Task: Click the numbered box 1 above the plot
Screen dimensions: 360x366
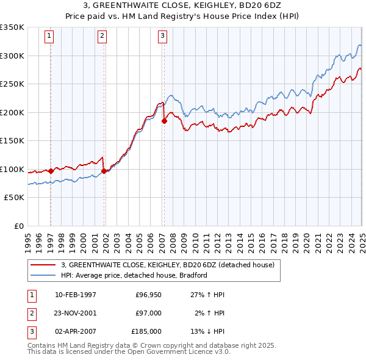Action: coord(49,36)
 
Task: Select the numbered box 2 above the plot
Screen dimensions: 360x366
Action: coord(102,36)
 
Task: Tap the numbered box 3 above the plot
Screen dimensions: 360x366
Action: coord(163,36)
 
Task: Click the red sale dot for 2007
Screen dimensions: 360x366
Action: coord(164,121)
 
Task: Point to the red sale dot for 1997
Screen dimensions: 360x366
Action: coord(51,171)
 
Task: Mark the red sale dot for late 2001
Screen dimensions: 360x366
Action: coord(104,171)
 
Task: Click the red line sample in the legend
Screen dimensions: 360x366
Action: coord(45,265)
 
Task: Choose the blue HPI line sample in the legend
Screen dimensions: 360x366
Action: coord(45,275)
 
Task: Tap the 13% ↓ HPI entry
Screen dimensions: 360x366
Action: coord(208,331)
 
